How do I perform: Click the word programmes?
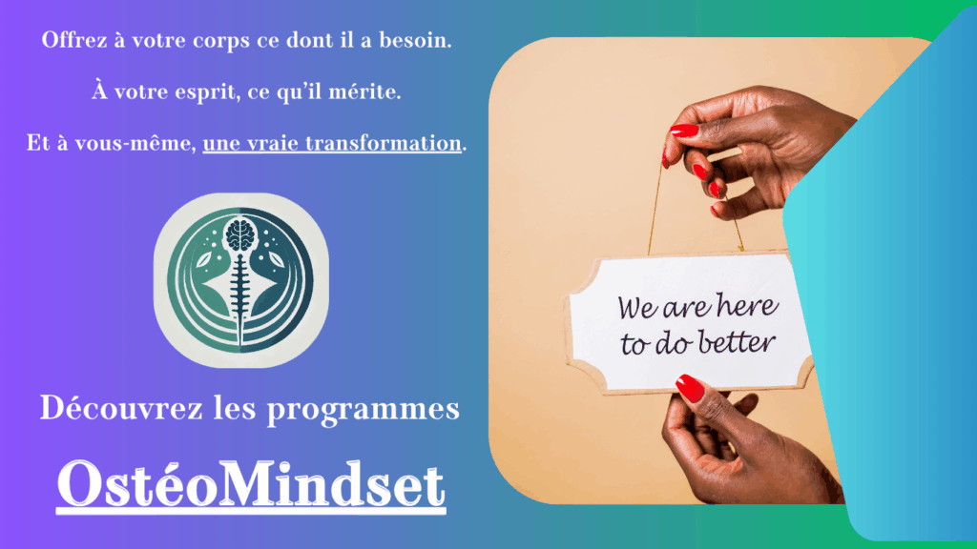364,411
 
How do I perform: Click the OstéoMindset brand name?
251,484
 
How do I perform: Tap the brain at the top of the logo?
240,235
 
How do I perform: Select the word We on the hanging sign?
638,308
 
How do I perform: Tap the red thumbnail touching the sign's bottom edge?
690,388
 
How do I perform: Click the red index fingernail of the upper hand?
684,130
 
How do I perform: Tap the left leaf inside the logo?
205,260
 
